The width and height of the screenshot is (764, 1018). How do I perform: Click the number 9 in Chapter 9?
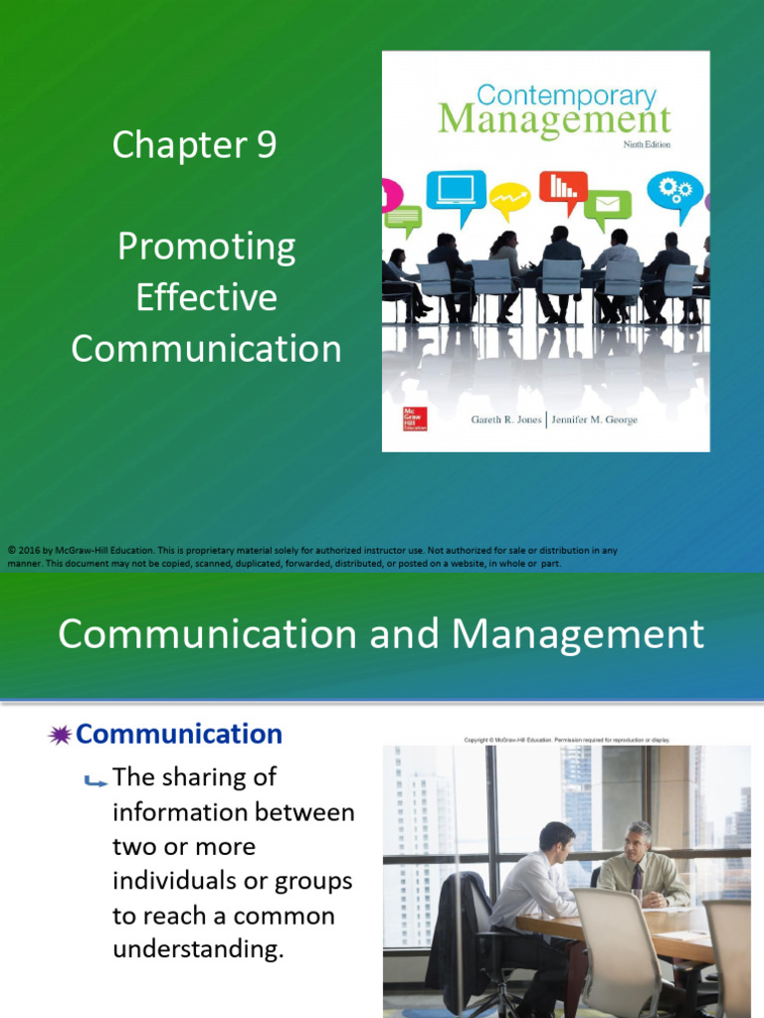coord(266,145)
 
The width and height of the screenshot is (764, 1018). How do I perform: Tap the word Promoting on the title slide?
coord(206,247)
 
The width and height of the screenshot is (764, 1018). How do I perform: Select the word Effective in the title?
coord(206,298)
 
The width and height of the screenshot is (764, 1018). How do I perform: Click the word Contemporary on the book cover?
coord(567,95)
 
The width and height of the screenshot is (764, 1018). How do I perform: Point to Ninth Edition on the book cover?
coord(647,144)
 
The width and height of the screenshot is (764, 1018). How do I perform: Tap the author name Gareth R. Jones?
coord(505,420)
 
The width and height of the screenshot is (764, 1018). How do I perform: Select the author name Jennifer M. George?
coord(595,420)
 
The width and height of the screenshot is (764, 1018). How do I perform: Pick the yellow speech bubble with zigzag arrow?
coord(510,200)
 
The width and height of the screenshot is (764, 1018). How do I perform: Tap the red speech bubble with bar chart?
coord(563,187)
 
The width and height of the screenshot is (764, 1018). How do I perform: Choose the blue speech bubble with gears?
coord(673,191)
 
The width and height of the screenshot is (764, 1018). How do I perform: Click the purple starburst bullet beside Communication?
coord(60,736)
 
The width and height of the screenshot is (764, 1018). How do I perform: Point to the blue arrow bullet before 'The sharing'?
coord(96,780)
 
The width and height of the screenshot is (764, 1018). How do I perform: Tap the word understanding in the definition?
coord(198,948)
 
